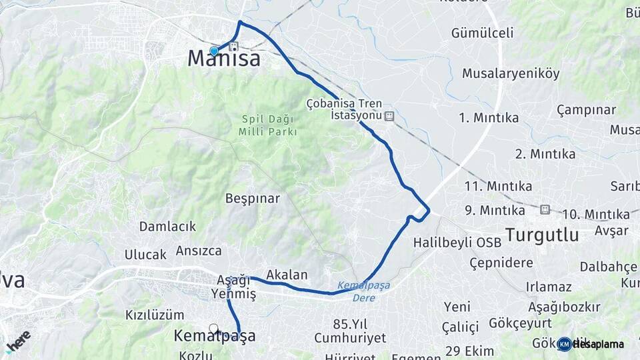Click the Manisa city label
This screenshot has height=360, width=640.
[x=223, y=59]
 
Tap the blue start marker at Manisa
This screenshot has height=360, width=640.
[x=214, y=51]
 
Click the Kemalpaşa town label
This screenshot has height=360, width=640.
[x=214, y=336]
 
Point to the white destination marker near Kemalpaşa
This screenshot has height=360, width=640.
[x=213, y=328]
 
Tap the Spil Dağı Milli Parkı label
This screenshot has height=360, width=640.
[x=268, y=125]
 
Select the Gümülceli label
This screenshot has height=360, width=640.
[x=482, y=33]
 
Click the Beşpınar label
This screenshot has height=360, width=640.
[x=252, y=198]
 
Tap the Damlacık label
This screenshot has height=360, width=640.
[x=167, y=227]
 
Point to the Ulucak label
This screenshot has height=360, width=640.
[x=145, y=254]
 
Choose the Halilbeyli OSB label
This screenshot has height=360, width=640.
[x=457, y=242]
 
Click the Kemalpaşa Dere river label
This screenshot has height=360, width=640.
[x=363, y=291]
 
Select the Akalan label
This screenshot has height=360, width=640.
[x=287, y=274]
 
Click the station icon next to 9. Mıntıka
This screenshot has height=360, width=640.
[x=545, y=209]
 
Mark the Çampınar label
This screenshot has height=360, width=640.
[x=586, y=109]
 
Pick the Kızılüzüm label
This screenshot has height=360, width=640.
[x=154, y=315]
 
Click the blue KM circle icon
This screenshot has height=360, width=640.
[x=564, y=344]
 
